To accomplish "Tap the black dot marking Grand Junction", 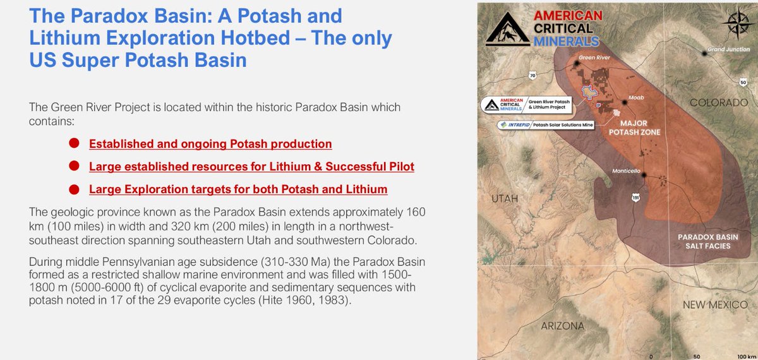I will tap(705, 54).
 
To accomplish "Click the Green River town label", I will tap(594, 57).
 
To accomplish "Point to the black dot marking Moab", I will tap(625, 102).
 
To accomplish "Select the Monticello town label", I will tap(627, 171).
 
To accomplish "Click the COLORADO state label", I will tap(718, 102).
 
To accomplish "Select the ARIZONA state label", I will tap(562, 326).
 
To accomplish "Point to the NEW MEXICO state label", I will tap(715, 305).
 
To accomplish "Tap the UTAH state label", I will tap(505, 199).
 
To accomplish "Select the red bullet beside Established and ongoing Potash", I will tap(74, 143).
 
